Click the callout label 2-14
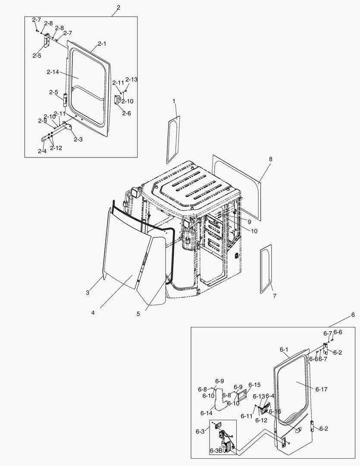click(x=52, y=72)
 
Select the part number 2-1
click(x=102, y=44)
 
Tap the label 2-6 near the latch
click(x=126, y=113)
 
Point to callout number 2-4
click(x=42, y=151)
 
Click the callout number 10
click(x=254, y=231)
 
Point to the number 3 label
click(x=88, y=293)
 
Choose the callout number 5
click(x=138, y=314)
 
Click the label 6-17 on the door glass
click(x=321, y=389)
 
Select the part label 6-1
click(x=283, y=349)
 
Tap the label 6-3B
click(x=216, y=451)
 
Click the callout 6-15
click(x=255, y=385)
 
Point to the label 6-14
click(x=207, y=413)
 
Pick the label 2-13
click(x=131, y=80)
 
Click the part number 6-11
click(x=246, y=416)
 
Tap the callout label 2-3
click(x=78, y=139)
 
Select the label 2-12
click(x=56, y=148)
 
